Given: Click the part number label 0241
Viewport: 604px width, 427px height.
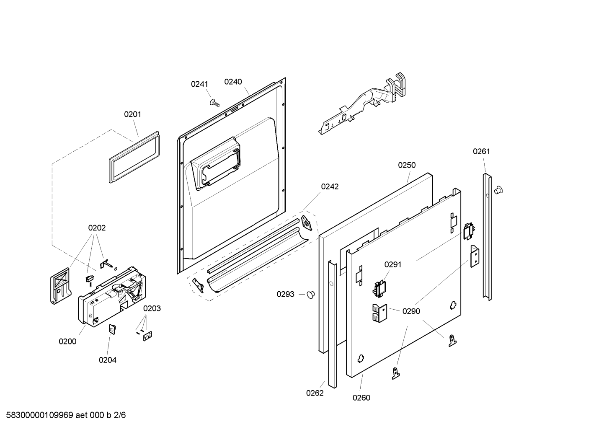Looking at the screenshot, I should [x=199, y=84].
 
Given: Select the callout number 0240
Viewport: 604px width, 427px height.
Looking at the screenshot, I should [x=233, y=82].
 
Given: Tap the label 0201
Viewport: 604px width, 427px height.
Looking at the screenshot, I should [x=132, y=114].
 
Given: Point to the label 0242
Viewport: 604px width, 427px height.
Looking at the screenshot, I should [x=330, y=186].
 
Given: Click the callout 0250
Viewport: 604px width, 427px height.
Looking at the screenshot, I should [x=407, y=165].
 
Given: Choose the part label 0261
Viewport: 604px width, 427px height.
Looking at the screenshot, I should [x=481, y=151].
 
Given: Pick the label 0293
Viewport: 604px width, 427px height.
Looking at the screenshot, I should [x=285, y=294].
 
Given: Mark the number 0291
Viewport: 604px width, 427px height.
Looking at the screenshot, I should [x=393, y=264].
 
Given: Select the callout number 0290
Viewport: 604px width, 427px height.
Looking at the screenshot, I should [x=411, y=311].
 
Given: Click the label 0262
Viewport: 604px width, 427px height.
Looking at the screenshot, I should [x=315, y=393].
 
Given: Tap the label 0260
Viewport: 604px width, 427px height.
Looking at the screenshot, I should [x=361, y=398].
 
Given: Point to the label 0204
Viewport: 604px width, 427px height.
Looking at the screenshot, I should [x=108, y=360].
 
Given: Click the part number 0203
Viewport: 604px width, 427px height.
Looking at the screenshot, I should [x=152, y=308].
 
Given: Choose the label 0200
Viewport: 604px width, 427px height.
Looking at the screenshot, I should [x=67, y=341].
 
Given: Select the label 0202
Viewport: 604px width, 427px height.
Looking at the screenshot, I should [x=97, y=228].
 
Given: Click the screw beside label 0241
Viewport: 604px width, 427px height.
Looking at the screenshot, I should [x=215, y=102].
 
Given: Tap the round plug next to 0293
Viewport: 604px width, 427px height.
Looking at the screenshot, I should [x=310, y=295].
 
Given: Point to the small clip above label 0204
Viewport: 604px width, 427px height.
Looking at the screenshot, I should [x=112, y=329].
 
